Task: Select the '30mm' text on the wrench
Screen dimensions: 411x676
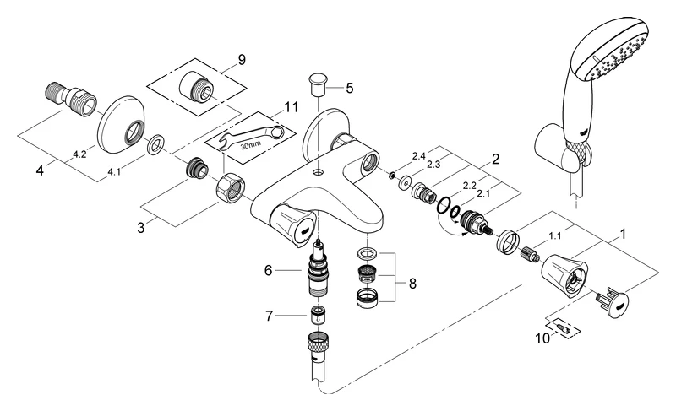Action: [249, 144]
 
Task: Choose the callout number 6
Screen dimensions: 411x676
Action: [268, 271]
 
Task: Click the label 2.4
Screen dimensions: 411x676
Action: [418, 156]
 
